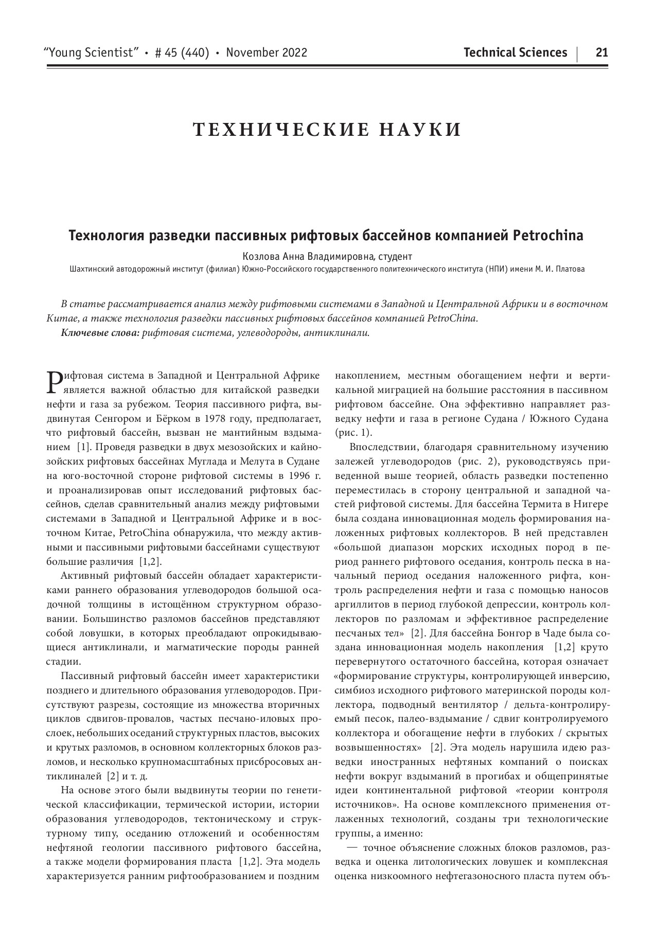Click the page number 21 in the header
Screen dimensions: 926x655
click(x=601, y=52)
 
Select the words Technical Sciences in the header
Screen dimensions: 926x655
click(x=515, y=52)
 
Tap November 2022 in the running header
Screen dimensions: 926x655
click(x=267, y=52)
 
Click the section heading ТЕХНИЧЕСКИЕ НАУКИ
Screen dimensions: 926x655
click(x=327, y=130)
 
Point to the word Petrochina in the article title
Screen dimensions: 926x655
click(x=548, y=236)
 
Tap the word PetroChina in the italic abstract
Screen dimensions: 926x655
click(x=452, y=318)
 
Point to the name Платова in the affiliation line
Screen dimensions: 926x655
click(x=569, y=269)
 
